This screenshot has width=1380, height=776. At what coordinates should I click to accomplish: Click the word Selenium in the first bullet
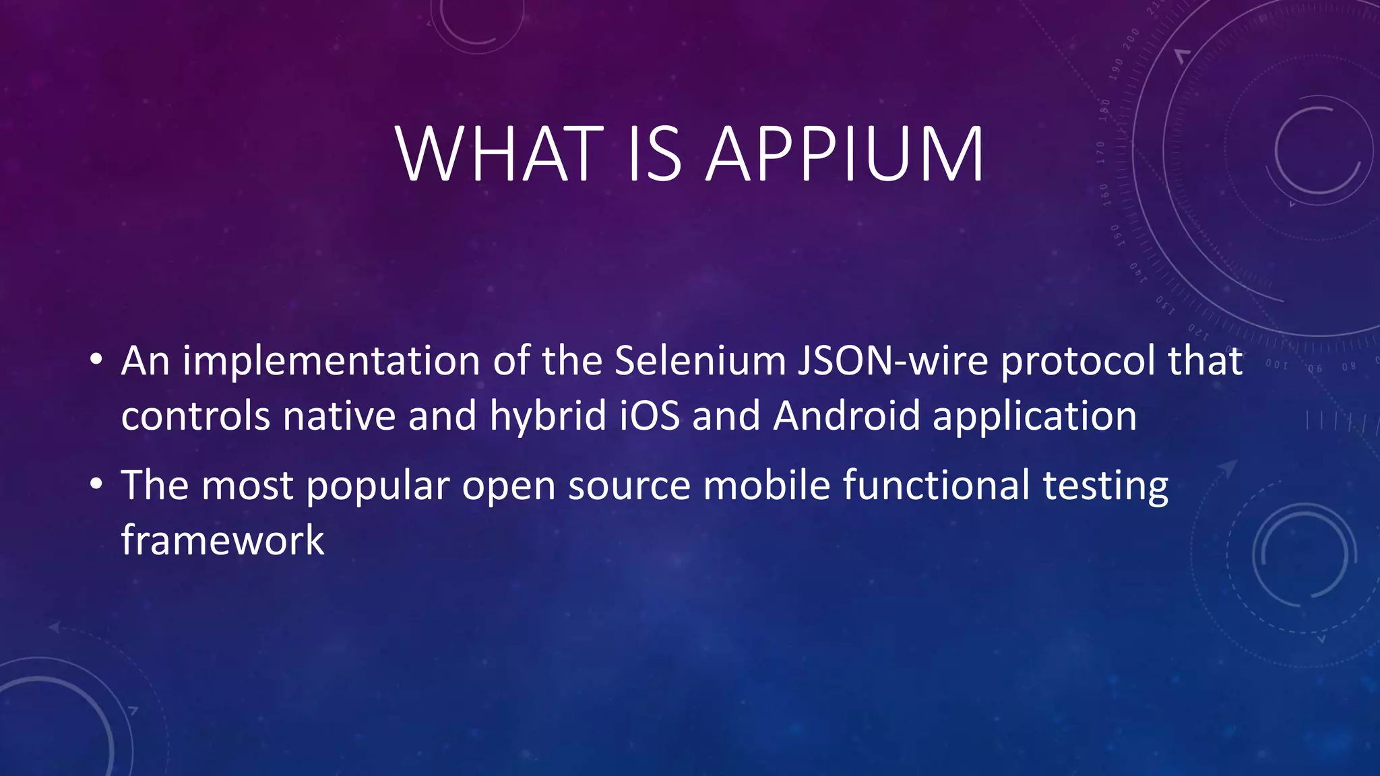[700, 360]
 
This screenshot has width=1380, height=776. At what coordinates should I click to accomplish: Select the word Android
[846, 416]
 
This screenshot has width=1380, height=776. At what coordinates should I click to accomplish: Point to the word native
[339, 416]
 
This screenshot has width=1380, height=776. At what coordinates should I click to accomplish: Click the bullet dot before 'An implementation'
[96, 359]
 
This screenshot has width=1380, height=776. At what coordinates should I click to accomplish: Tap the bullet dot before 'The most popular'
[96, 483]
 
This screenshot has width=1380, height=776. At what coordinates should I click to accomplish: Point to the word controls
[195, 416]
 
